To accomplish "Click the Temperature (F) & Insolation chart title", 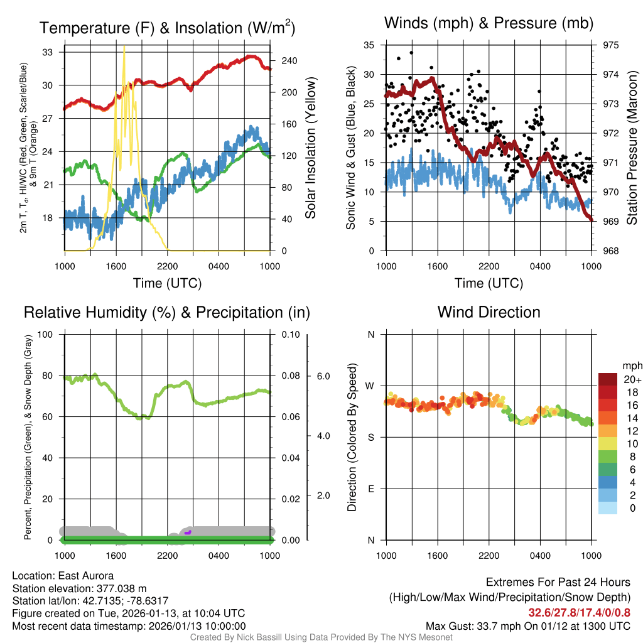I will coord(167,28).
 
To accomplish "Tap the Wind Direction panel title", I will coord(489,312).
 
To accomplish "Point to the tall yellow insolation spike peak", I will coord(124,47).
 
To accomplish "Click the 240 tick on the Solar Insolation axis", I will coord(289,61).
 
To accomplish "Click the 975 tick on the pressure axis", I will coord(610,45).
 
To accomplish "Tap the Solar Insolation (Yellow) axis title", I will coord(310,148).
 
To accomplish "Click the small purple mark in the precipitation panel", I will coord(188,532).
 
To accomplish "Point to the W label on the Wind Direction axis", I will coord(370,386).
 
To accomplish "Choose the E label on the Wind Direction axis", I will coord(370,489).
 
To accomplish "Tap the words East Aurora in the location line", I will coord(86,576).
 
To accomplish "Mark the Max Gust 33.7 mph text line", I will coord(528,626).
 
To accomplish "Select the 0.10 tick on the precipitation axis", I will coord(290,334).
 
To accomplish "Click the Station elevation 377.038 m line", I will coord(79,588).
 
